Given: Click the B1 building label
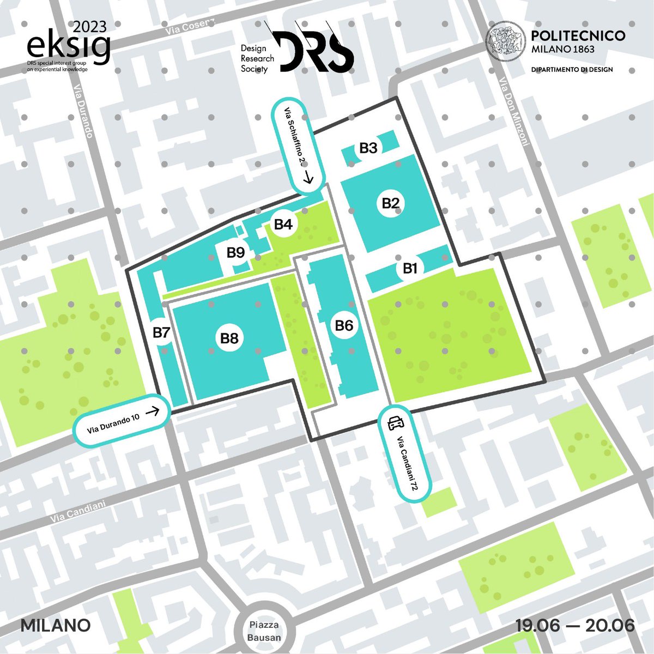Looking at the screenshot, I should click(x=410, y=268).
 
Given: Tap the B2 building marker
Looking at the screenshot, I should click(x=391, y=204).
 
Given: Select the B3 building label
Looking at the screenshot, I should click(x=369, y=148).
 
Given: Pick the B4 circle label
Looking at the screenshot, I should click(x=283, y=224).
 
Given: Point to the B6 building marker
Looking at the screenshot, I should click(x=344, y=326).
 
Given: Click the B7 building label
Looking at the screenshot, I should click(x=162, y=332).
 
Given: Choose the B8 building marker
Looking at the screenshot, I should click(x=229, y=338).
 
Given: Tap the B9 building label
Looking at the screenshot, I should click(x=236, y=252).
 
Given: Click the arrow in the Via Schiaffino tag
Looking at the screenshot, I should click(x=309, y=177).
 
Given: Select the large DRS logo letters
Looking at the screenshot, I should click(x=313, y=52).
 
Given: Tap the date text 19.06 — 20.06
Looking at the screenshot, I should click(x=575, y=625).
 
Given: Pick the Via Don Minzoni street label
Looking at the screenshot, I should click(x=514, y=112).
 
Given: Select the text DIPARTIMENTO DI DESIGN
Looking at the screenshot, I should click(x=572, y=70).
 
